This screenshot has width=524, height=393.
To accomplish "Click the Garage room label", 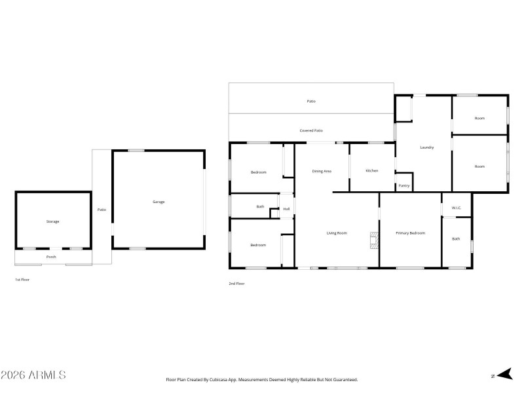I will pyautogui.click(x=159, y=202).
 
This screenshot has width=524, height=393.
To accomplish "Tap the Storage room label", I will pyautogui.click(x=52, y=221).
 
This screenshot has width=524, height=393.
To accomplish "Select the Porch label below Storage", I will pyautogui.click(x=51, y=257).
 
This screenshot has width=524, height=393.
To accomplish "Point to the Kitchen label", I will pyautogui.click(x=372, y=171).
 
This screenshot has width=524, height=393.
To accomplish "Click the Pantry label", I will pyautogui.click(x=404, y=185).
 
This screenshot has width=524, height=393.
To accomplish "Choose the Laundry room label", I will pyautogui.click(x=426, y=147).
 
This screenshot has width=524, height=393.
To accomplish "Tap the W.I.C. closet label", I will pyautogui.click(x=457, y=208).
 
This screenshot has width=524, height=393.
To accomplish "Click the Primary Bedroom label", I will pyautogui.click(x=411, y=233).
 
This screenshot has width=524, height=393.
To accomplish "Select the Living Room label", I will pyautogui.click(x=337, y=233).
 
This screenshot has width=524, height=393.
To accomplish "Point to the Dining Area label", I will pyautogui.click(x=322, y=171).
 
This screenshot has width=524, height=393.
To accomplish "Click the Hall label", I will pyautogui.click(x=286, y=209).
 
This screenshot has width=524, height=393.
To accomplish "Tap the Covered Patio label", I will pyautogui.click(x=311, y=131).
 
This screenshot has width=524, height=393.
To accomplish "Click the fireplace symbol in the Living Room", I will pyautogui.click(x=373, y=240).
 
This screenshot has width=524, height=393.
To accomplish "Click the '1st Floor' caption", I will pyautogui.click(x=22, y=280).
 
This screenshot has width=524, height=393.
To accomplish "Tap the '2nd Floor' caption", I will pyautogui.click(x=236, y=284).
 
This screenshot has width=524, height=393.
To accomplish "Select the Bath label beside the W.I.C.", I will pyautogui.click(x=456, y=239).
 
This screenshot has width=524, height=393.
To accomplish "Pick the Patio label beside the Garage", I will pyautogui.click(x=102, y=210).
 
